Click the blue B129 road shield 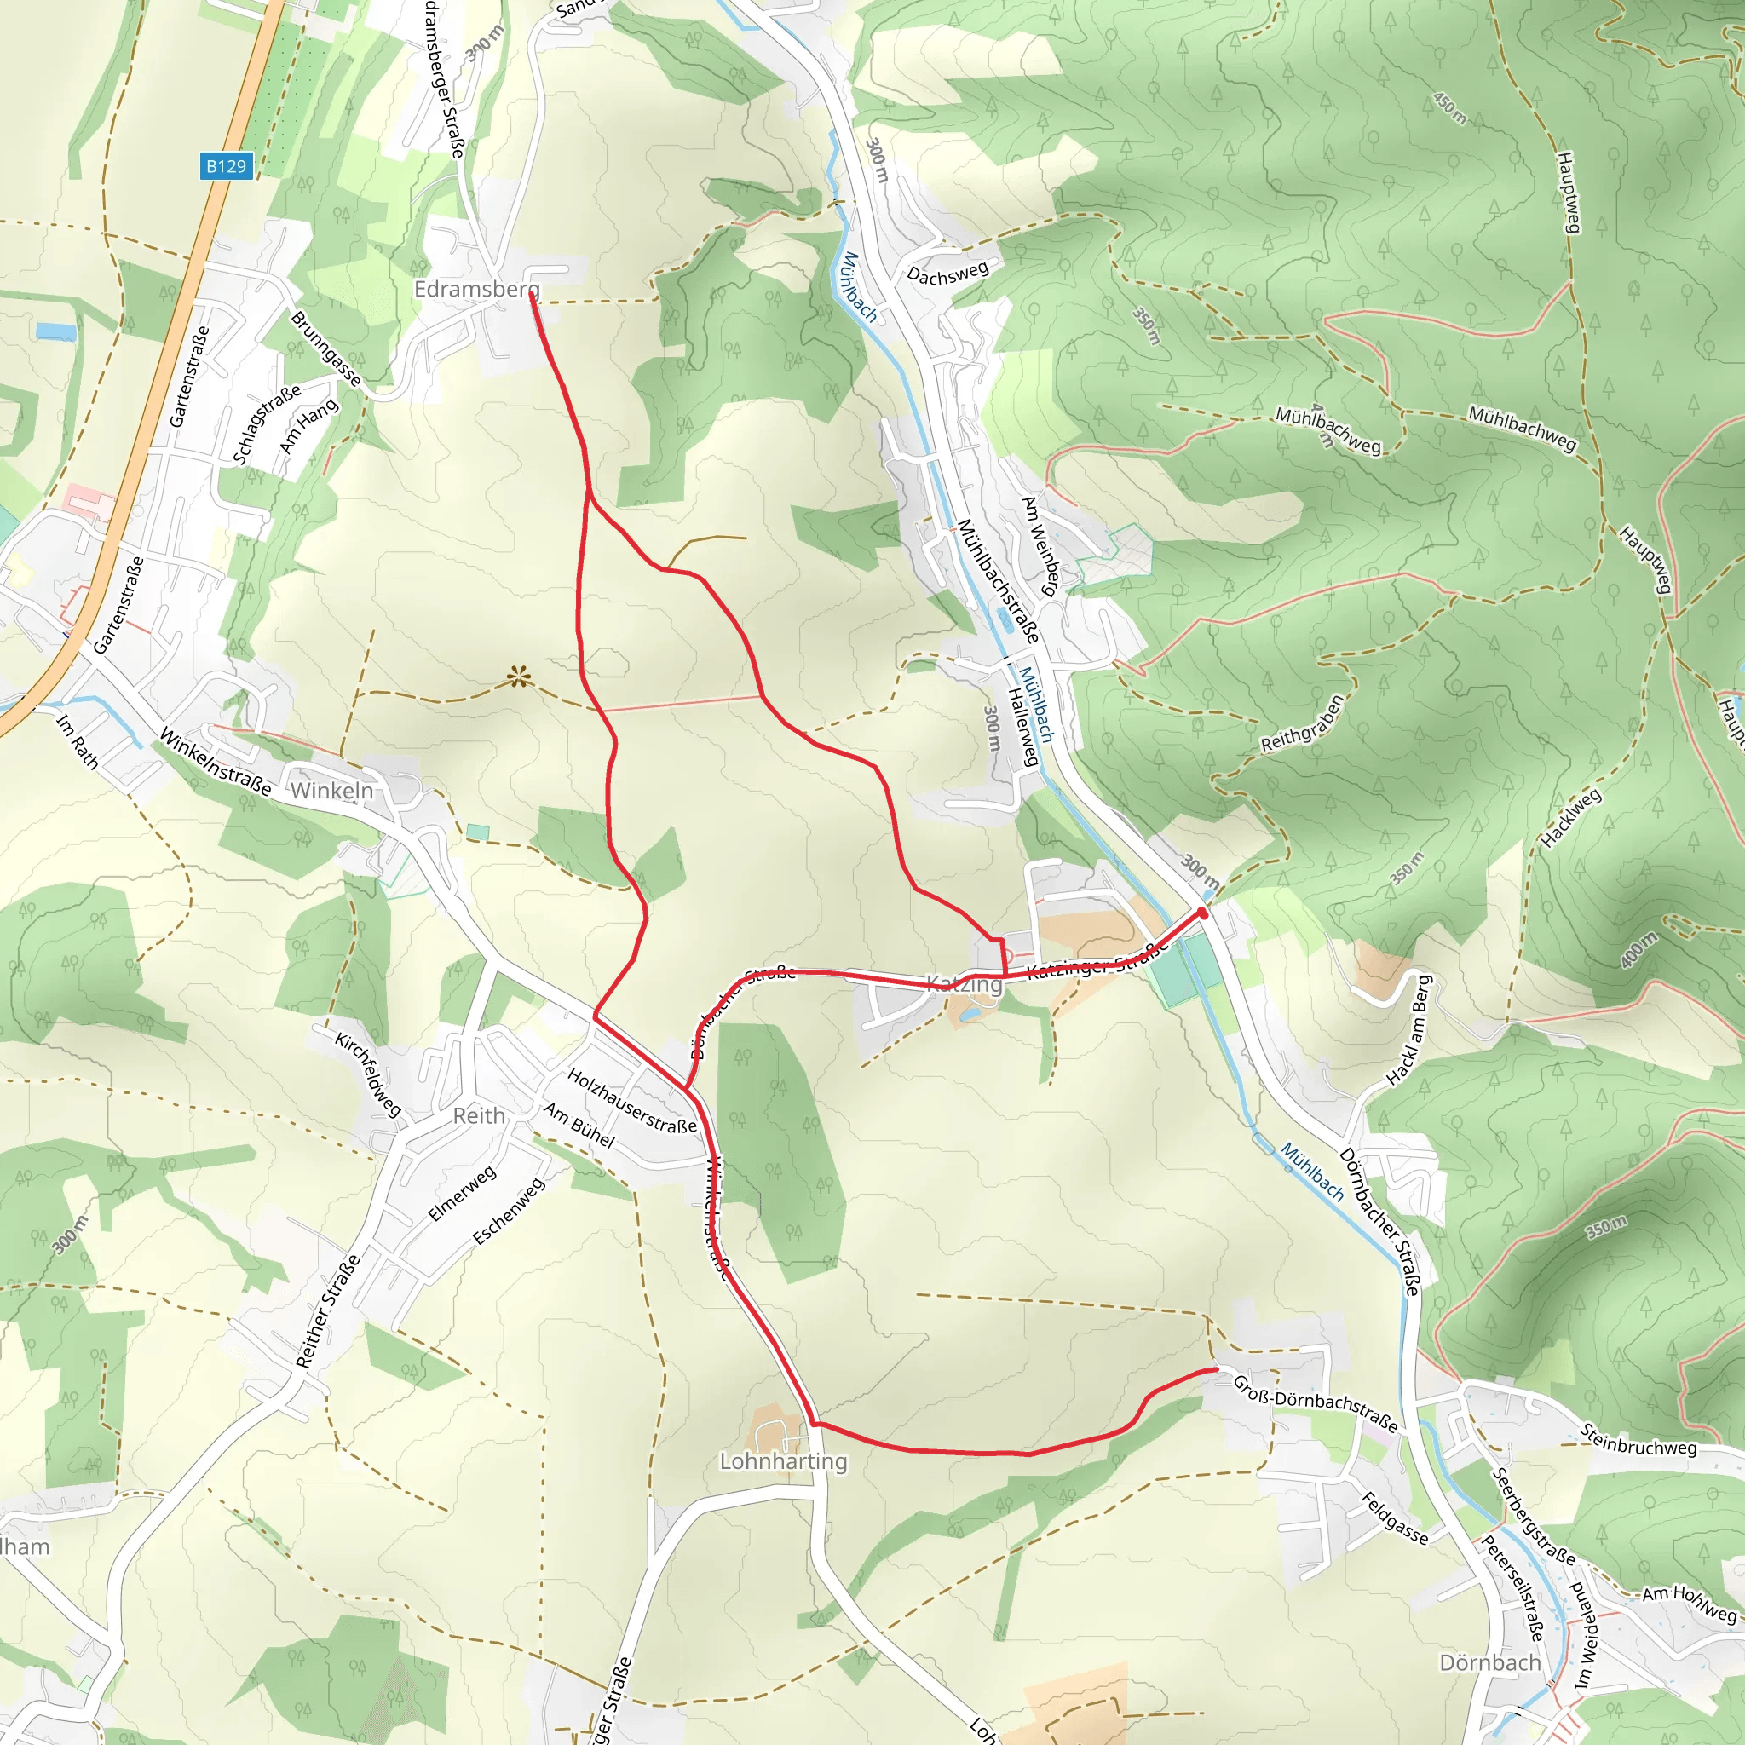tap(226, 166)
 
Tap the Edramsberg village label tap(476, 289)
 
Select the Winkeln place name tap(331, 792)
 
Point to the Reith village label tap(479, 1116)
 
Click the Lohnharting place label tap(783, 1461)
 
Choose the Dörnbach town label tap(1489, 1663)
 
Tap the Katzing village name tap(965, 984)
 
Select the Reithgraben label tap(1303, 723)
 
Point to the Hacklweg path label tap(1570, 818)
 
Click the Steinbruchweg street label tap(1638, 1440)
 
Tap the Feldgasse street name tap(1395, 1518)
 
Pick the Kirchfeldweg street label tap(367, 1074)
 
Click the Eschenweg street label tap(510, 1212)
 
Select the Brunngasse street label tap(326, 348)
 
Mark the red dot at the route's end tap(1203, 914)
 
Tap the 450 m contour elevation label tap(1450, 107)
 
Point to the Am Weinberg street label tap(1040, 545)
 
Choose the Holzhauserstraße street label tap(631, 1101)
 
